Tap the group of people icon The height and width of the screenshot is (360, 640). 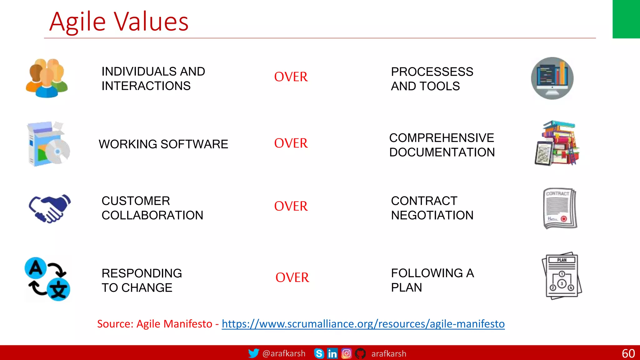click(47, 78)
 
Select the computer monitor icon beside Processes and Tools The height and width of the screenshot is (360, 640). click(552, 78)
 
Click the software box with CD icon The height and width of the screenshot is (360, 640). click(48, 144)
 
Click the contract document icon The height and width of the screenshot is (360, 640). click(560, 208)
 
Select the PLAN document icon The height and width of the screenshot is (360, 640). click(562, 276)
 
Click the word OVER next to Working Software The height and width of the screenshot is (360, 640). click(291, 143)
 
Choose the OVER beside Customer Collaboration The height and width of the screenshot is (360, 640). click(291, 206)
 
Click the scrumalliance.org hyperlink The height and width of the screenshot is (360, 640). click(363, 324)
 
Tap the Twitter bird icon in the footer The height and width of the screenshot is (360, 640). click(253, 353)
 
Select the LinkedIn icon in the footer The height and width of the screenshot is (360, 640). click(332, 353)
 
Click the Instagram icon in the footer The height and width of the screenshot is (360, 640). click(346, 353)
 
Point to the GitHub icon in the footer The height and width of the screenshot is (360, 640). click(360, 353)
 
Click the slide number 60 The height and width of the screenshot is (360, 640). click(628, 353)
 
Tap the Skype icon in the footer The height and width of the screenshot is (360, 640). click(319, 353)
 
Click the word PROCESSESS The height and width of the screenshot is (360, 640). click(432, 72)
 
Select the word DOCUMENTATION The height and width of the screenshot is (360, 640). click(442, 152)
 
